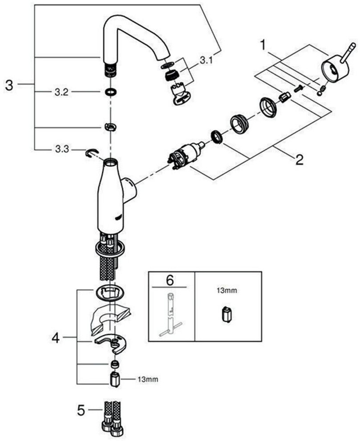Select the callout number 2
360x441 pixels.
299,160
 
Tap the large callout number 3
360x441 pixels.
9,85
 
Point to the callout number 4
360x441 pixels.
56,338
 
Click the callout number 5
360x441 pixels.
81,410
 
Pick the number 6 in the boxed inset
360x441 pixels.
170,281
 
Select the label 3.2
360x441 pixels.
61,92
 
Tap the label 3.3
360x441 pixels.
62,149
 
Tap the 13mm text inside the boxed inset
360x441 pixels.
227,291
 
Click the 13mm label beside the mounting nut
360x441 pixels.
148,379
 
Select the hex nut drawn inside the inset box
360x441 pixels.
226,314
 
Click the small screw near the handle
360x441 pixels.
297,88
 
